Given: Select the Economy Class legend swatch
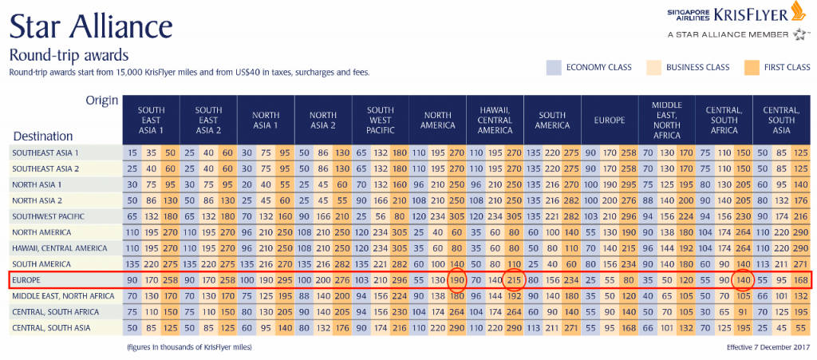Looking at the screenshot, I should [555, 67].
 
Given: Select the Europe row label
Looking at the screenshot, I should [27, 280].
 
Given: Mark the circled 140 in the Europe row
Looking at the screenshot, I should [744, 280].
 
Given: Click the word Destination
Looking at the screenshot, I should [42, 136].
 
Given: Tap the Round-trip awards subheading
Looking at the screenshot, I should [69, 55].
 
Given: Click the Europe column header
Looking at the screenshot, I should [609, 120].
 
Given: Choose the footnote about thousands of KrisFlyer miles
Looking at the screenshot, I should [195, 347].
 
